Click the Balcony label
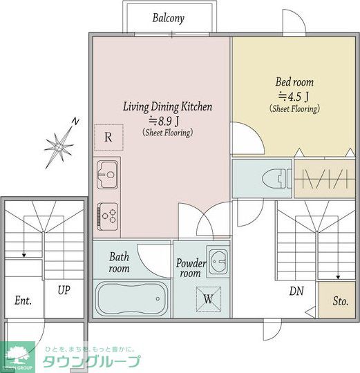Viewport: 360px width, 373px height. (x=168, y=19)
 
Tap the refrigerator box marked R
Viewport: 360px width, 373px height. (x=108, y=137)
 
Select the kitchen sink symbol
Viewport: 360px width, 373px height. (x=107, y=175)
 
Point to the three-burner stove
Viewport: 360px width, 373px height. (x=107, y=216)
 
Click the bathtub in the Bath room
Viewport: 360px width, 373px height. (x=131, y=298)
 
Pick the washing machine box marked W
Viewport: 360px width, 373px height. (x=209, y=299)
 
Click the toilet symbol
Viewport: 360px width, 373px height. (x=276, y=178)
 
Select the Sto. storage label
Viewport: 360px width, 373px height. (x=341, y=301)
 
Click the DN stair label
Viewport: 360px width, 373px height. (x=296, y=291)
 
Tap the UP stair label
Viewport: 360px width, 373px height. (x=64, y=290)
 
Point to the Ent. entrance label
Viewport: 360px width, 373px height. (x=23, y=300)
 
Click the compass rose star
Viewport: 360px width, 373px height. (x=59, y=147)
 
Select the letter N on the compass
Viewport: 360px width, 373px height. (x=75, y=122)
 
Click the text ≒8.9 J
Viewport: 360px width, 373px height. (x=164, y=121)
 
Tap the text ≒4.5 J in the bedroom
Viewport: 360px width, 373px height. (x=294, y=96)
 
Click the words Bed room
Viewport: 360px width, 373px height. (x=294, y=82)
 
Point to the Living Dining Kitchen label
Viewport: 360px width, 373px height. (x=167, y=106)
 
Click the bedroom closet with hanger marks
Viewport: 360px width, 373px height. (x=325, y=178)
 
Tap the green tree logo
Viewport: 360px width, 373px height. (x=17, y=356)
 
